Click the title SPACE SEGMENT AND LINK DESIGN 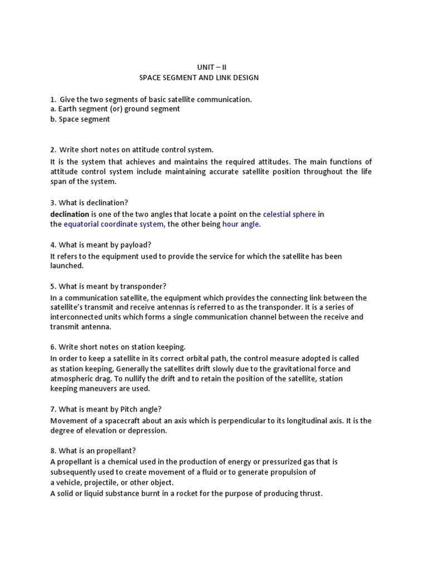click(199, 78)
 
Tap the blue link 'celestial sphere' click(289, 214)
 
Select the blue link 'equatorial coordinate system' click(114, 224)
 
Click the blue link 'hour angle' click(241, 224)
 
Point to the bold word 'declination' click(70, 214)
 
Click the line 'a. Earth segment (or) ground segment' click(115, 109)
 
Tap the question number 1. click(52, 99)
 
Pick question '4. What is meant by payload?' click(101, 245)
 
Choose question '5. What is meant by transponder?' click(108, 287)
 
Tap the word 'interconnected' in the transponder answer click(77, 317)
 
